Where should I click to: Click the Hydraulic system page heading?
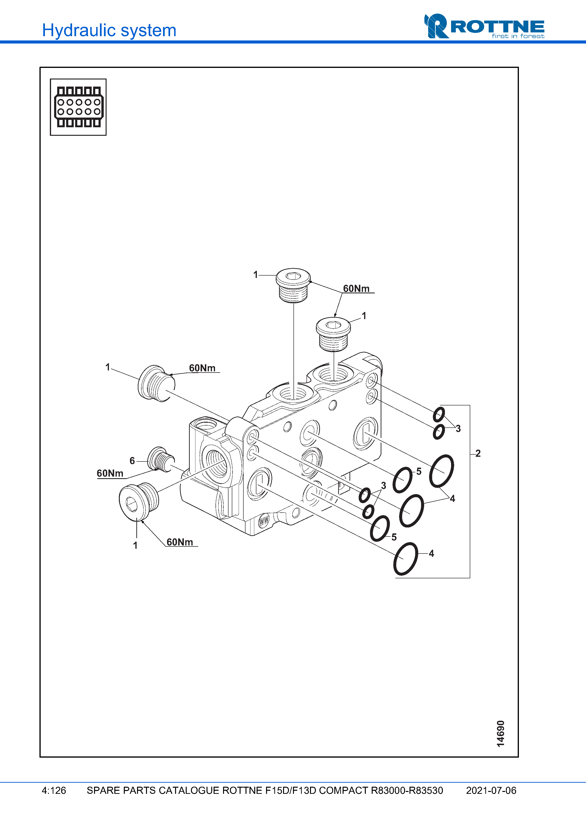coord(109,30)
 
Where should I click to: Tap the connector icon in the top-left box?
coord(78,107)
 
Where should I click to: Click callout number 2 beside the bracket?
coord(478,453)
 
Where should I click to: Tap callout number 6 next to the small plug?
coord(132,461)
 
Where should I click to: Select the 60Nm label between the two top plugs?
coord(356,289)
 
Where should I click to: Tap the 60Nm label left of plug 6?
coord(110,473)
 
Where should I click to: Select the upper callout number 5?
coord(419,471)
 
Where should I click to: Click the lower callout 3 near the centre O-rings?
coord(383,486)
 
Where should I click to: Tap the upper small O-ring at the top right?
coord(439,414)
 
